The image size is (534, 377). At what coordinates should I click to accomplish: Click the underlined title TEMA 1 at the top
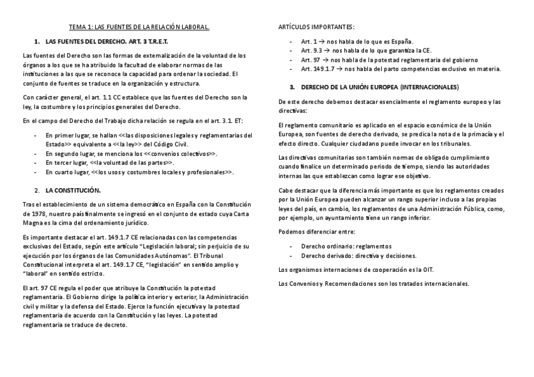click(x=139, y=27)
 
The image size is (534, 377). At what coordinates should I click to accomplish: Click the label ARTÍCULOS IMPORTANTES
click(x=316, y=27)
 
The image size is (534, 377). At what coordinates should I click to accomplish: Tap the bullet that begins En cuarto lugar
click(x=140, y=171)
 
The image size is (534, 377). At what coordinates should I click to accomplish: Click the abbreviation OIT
click(x=427, y=269)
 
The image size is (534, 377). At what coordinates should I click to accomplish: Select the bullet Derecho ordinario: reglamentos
click(x=346, y=246)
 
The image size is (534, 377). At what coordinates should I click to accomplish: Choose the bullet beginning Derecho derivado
click(x=358, y=256)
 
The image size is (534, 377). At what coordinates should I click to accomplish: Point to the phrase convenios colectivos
click(x=181, y=153)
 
